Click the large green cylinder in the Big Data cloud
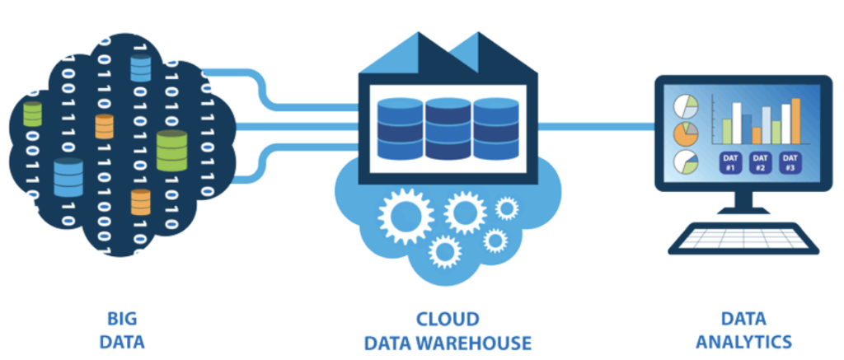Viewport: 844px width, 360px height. pos(172,151)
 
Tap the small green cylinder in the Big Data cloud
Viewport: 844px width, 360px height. pos(32,113)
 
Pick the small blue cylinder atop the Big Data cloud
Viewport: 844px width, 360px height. pos(140,69)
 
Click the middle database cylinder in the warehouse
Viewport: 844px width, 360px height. pos(448,129)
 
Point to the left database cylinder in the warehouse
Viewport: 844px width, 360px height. pos(399,129)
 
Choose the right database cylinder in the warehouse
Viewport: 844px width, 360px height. pos(496,129)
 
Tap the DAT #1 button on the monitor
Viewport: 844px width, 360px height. pos(729,162)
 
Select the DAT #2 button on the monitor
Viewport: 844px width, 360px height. pos(760,162)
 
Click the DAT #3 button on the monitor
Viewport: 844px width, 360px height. pos(790,162)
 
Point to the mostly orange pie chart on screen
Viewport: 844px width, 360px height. pos(685,133)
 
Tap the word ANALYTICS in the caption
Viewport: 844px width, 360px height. pos(743,341)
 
